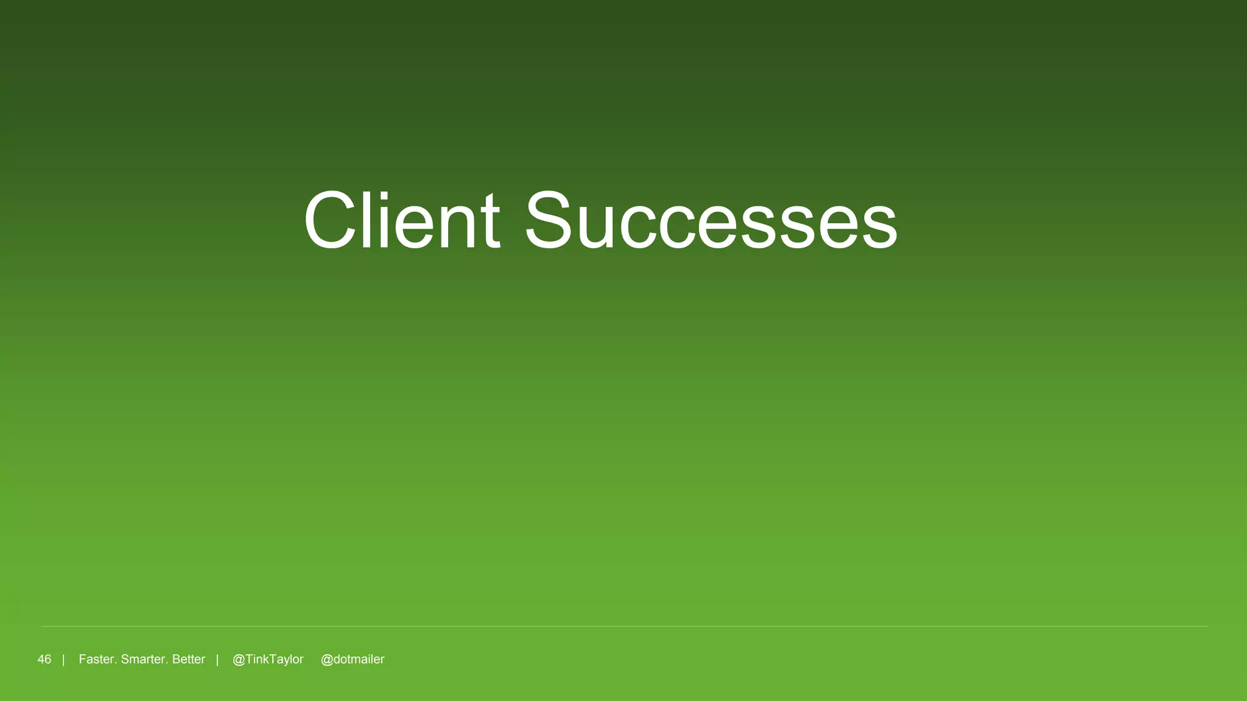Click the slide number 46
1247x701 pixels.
(x=44, y=660)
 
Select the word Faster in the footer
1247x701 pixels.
(x=97, y=660)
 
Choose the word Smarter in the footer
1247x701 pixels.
(x=144, y=660)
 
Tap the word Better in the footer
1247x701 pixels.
(x=189, y=660)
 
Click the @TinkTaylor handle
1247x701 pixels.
(x=268, y=660)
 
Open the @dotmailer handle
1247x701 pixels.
(x=353, y=660)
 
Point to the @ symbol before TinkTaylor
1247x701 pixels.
(x=239, y=660)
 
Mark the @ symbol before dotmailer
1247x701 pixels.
(x=326, y=660)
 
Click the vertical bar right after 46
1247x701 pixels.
(x=63, y=660)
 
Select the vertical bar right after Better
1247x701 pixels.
(x=217, y=660)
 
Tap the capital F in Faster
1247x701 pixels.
(x=83, y=660)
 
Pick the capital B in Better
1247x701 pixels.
(x=177, y=660)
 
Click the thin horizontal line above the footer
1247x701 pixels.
(x=623, y=626)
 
